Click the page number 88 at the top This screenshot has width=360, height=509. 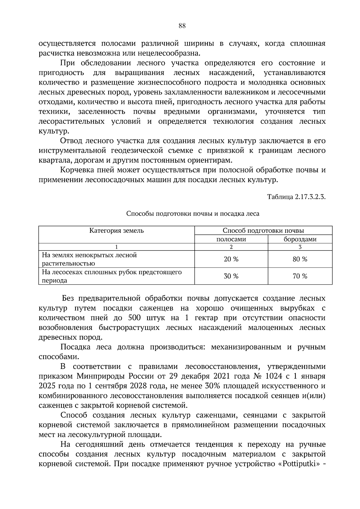(x=182, y=26)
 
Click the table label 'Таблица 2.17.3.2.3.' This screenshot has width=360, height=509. (x=296, y=197)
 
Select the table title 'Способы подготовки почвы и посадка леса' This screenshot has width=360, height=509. (x=193, y=214)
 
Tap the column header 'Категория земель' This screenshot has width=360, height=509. (x=116, y=230)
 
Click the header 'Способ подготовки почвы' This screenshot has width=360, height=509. (x=263, y=230)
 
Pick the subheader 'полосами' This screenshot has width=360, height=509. (x=231, y=239)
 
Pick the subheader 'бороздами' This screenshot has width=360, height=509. (x=300, y=239)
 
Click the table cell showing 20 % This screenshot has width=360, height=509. (x=231, y=259)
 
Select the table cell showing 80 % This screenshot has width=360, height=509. (x=300, y=259)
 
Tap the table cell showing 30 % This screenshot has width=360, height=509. (x=231, y=276)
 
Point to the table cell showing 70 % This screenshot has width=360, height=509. (x=300, y=276)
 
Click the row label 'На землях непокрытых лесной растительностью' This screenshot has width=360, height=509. (x=89, y=259)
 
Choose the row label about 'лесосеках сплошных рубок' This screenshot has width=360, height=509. (x=112, y=276)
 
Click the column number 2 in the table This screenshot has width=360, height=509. (x=231, y=247)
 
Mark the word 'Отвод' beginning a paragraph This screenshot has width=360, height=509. (x=71, y=141)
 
